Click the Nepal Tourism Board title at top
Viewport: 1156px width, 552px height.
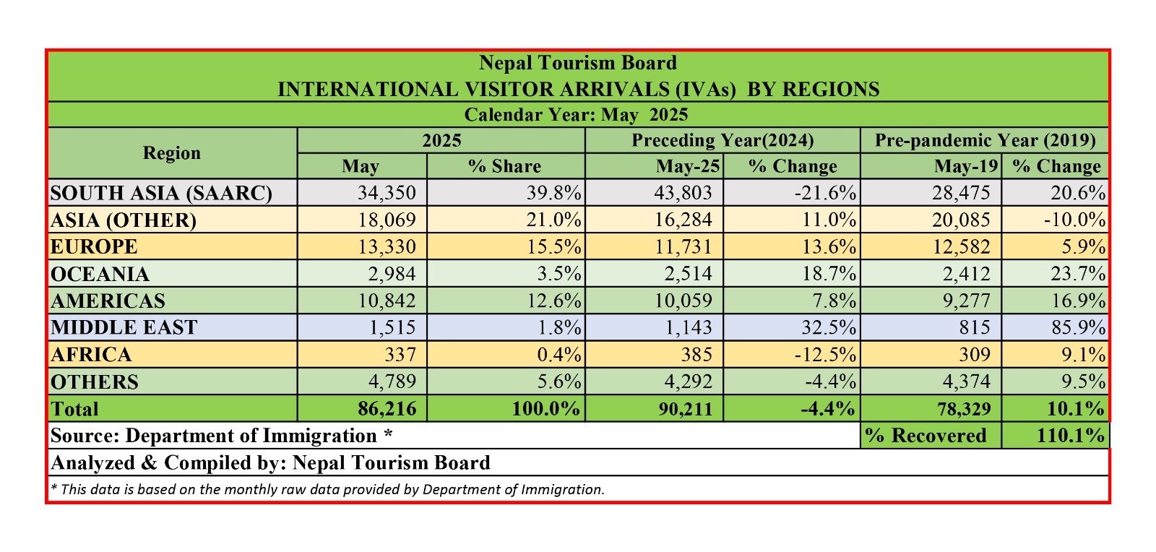tap(578, 63)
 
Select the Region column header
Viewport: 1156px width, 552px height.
tap(172, 153)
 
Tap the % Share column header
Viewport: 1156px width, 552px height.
tap(504, 166)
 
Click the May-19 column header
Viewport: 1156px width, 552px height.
tap(966, 166)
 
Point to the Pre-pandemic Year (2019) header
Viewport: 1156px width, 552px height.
tap(985, 140)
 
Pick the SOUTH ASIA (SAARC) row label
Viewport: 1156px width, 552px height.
tap(161, 193)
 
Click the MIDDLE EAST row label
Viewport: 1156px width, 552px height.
tap(124, 327)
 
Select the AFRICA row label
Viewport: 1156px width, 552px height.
tap(92, 355)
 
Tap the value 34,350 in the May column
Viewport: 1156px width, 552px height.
tap(387, 193)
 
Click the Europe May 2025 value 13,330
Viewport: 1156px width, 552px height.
tap(387, 246)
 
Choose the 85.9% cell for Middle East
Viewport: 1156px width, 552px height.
tap(1077, 327)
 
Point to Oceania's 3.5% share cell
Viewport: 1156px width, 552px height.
tap(558, 274)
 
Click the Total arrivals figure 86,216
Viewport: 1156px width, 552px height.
tap(387, 409)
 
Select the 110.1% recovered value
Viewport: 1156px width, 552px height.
tap(1070, 436)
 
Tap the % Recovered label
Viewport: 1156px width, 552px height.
tap(926, 436)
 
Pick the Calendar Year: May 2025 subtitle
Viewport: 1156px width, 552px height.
tap(576, 115)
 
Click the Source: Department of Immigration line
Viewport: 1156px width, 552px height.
tap(222, 436)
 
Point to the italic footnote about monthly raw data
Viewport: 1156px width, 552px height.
tap(327, 489)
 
